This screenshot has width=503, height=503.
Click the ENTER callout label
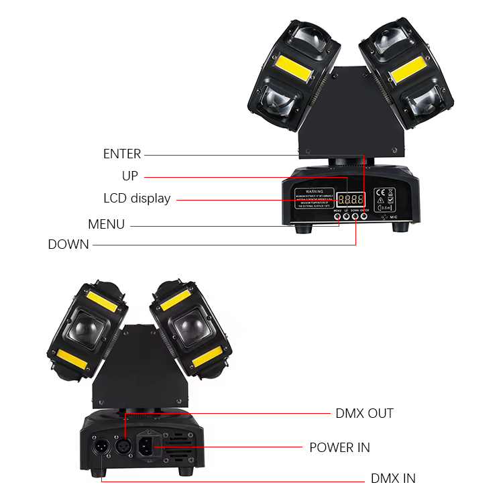click(x=122, y=154)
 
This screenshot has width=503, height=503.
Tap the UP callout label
click(x=129, y=176)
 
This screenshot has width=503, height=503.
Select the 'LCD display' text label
click(x=137, y=199)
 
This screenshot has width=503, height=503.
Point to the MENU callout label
click(x=106, y=225)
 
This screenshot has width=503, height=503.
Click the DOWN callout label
click(x=68, y=245)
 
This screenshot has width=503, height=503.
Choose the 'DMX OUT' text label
click(x=364, y=413)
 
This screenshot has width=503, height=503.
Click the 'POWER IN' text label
click(x=339, y=447)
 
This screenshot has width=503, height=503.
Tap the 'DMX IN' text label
click(x=393, y=479)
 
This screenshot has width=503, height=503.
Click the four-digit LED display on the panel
click(x=351, y=199)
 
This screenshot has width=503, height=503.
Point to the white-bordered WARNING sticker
click(x=314, y=199)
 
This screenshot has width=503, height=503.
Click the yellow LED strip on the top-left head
click(x=286, y=68)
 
